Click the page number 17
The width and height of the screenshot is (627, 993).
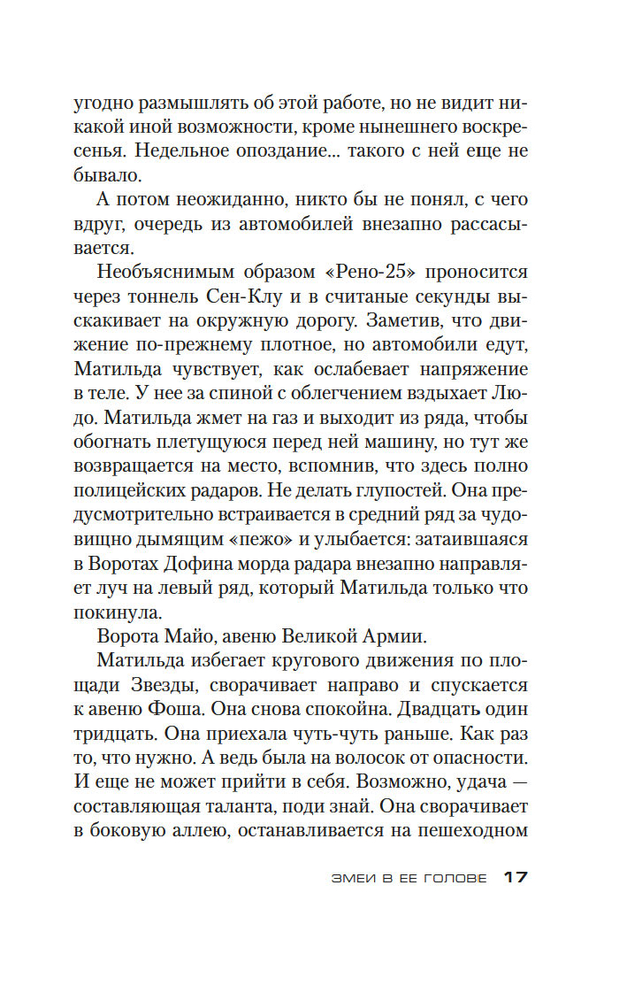[x=515, y=878]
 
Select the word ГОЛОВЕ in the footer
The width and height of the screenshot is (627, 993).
[x=455, y=879]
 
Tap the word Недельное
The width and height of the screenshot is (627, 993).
[x=142, y=151]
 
